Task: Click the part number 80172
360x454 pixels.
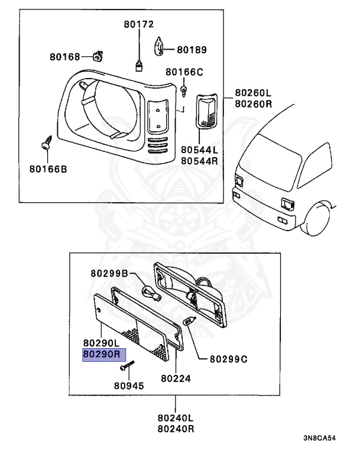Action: click(x=138, y=24)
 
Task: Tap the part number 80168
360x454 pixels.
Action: click(x=64, y=57)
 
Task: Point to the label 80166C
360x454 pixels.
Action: click(x=184, y=72)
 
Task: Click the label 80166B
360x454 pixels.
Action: click(x=48, y=169)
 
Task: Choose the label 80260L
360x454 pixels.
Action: click(x=252, y=93)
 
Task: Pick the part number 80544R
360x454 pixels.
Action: click(x=199, y=161)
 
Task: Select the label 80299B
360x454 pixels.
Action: click(x=109, y=273)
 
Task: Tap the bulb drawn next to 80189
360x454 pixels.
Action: click(x=160, y=46)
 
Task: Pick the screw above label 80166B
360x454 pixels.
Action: click(x=46, y=144)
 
